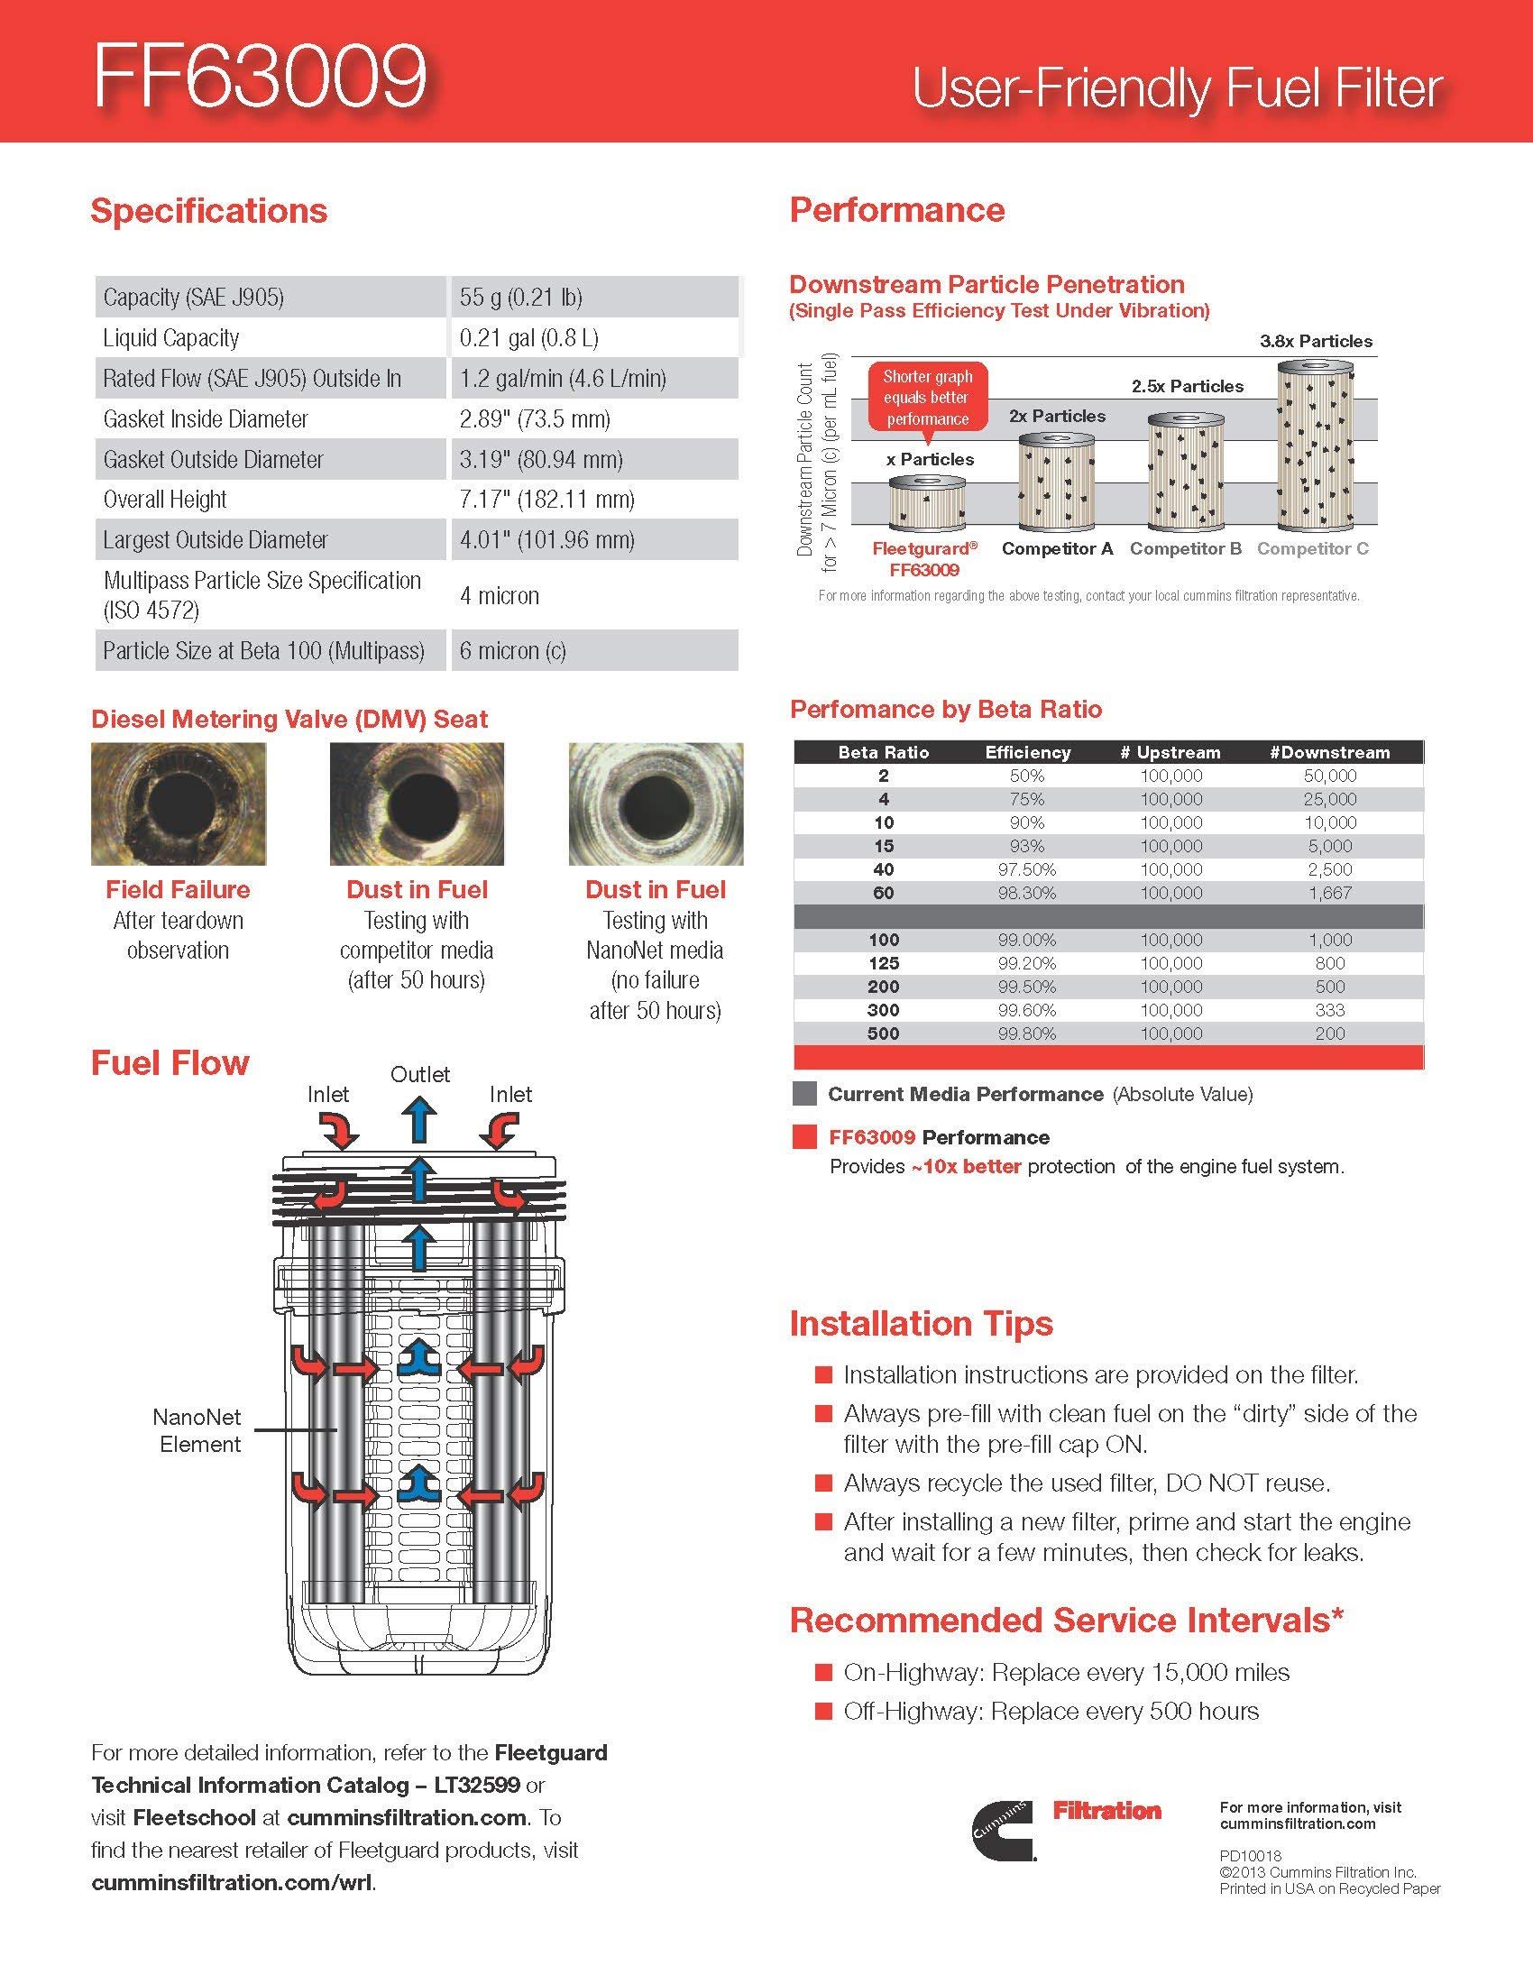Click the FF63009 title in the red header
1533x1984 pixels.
(x=260, y=78)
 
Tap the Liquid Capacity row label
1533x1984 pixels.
(x=170, y=338)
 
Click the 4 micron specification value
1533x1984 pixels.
(x=500, y=596)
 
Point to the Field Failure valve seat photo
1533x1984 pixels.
(x=179, y=804)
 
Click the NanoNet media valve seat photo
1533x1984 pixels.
(x=656, y=804)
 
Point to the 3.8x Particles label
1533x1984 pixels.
(x=1315, y=342)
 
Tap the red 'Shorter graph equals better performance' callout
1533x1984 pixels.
(x=927, y=398)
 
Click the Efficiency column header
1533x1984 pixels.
(x=1027, y=752)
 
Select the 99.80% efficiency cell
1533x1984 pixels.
(x=1027, y=1033)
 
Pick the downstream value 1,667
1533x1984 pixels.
(x=1329, y=893)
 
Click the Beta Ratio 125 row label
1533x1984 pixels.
(x=883, y=963)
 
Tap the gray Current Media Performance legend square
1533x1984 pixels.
(x=803, y=1094)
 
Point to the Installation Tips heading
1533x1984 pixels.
(x=921, y=1324)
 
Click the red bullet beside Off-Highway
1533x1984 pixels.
(x=823, y=1712)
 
